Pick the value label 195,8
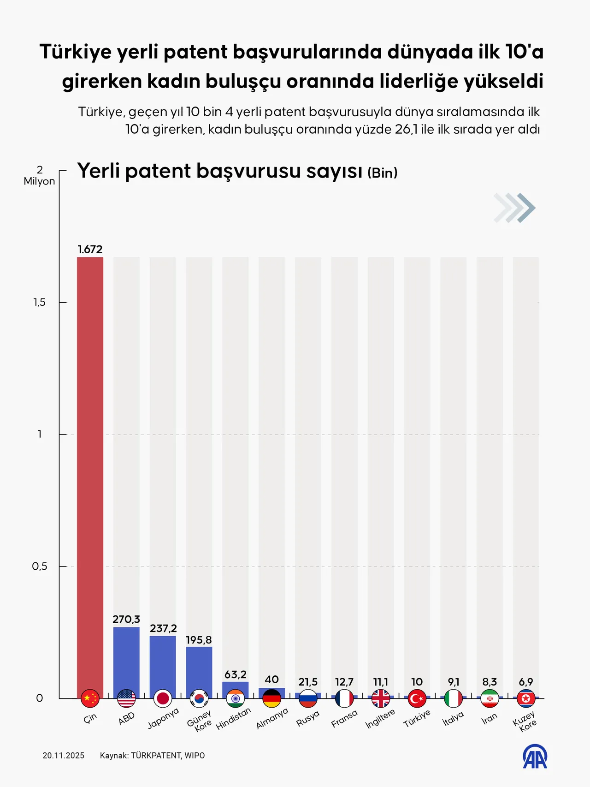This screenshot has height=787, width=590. [x=199, y=640]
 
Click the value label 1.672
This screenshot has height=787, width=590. [x=90, y=250]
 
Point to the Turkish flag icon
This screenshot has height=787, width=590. [x=417, y=698]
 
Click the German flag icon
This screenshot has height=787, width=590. [x=271, y=698]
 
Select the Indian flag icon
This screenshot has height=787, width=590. [x=235, y=698]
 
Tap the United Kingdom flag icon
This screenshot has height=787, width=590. [x=381, y=698]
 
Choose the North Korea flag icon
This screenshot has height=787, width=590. [x=526, y=698]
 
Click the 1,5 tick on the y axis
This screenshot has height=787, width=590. [x=40, y=303]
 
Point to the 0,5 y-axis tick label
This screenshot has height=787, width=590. [x=40, y=566]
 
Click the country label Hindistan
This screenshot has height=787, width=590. [x=234, y=718]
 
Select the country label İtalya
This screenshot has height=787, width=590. [x=453, y=718]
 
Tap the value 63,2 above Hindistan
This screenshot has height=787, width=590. [x=235, y=674]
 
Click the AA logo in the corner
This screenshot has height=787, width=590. [x=535, y=757]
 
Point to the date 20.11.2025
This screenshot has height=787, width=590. [x=64, y=756]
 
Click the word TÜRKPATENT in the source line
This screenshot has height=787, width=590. [x=156, y=756]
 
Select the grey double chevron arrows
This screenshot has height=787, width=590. [x=514, y=208]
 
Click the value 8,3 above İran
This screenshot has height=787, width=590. [x=490, y=682]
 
